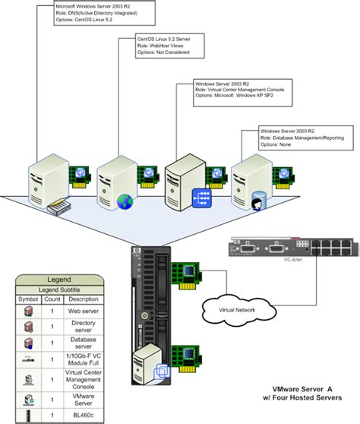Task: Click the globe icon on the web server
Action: point(125,201)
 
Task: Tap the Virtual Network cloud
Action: point(236,309)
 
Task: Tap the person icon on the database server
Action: point(256,203)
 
